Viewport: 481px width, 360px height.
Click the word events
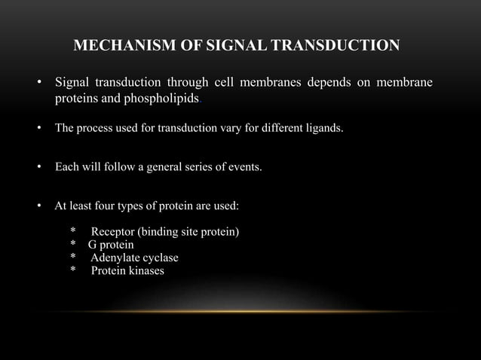click(x=245, y=166)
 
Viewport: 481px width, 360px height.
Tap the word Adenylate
click(x=116, y=258)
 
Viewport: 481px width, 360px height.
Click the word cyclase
click(x=161, y=258)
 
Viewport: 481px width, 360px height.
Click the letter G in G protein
click(x=92, y=245)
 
